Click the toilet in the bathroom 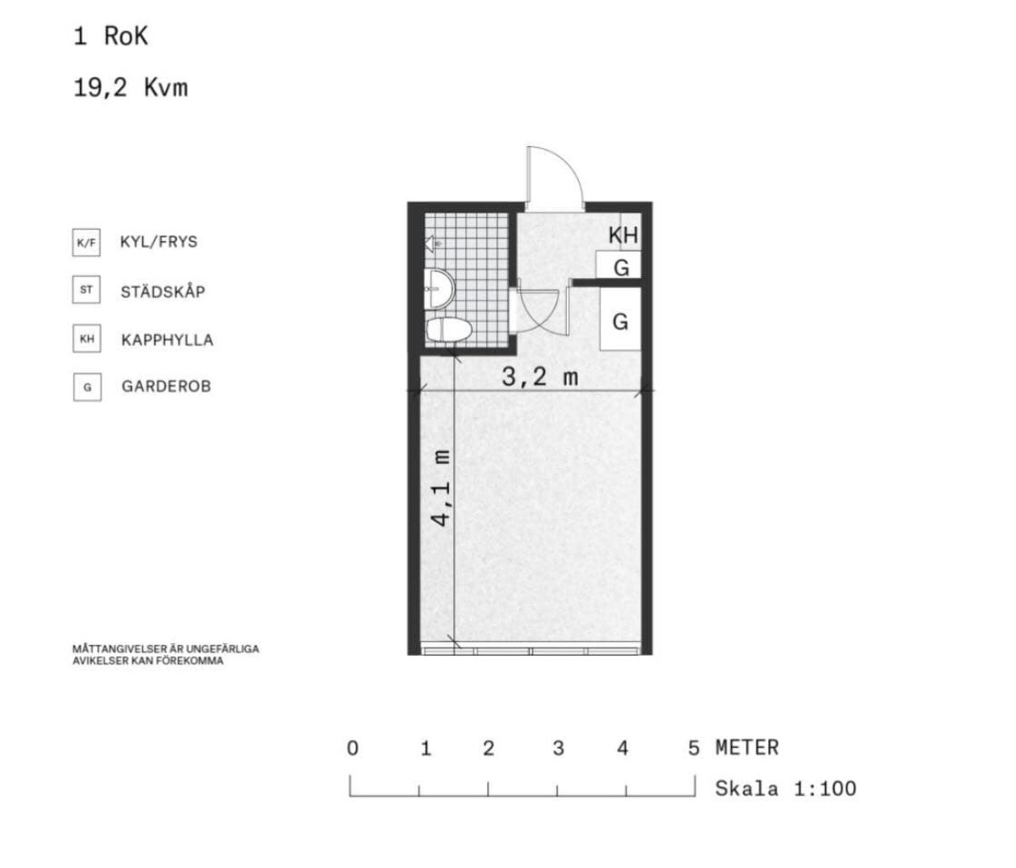(x=449, y=330)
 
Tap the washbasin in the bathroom (x=440, y=289)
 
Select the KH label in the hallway (x=623, y=235)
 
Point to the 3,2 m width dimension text (x=539, y=377)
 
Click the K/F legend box (x=87, y=243)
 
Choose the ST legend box (x=87, y=290)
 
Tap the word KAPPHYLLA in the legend (x=167, y=340)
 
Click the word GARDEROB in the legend (x=166, y=387)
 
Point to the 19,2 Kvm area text (x=131, y=88)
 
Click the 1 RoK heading (x=111, y=36)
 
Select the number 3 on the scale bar (x=558, y=748)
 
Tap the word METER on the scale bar (x=747, y=748)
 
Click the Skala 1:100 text (x=786, y=789)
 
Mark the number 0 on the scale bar (x=352, y=748)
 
